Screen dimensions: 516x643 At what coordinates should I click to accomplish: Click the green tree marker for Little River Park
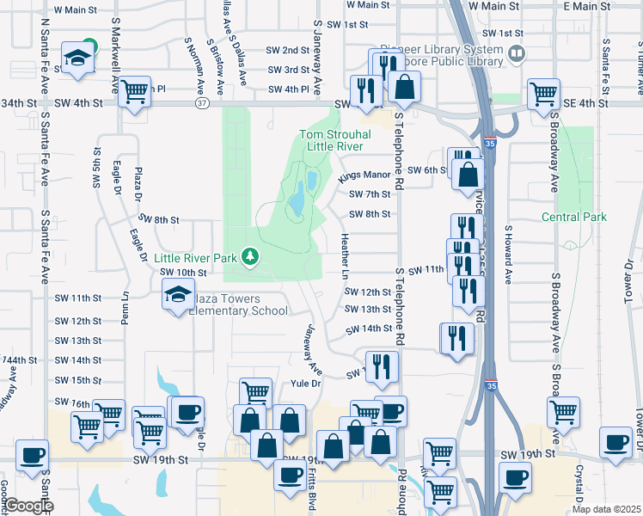pos(250,255)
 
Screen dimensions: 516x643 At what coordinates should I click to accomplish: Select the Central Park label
pos(574,217)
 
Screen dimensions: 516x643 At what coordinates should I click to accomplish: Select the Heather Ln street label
pos(346,255)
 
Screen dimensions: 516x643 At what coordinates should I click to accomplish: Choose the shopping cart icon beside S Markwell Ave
pos(134,90)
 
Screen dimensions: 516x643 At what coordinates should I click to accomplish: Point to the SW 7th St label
pos(371,194)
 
